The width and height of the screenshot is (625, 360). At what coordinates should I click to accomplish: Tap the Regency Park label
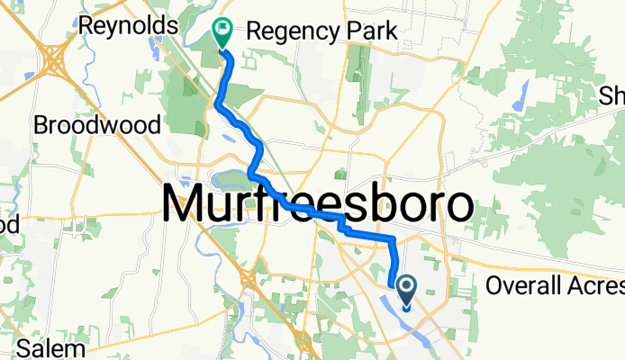pos(321,31)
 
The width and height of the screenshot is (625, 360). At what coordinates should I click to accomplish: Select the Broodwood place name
pos(96,124)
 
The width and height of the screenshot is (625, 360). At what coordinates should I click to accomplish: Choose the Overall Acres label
pos(554,286)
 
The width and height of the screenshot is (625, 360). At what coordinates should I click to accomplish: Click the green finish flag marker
pos(222,34)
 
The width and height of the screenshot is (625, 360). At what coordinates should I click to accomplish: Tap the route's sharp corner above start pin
pos(394,239)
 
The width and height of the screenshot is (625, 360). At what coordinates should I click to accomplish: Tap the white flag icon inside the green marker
pos(222,30)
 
